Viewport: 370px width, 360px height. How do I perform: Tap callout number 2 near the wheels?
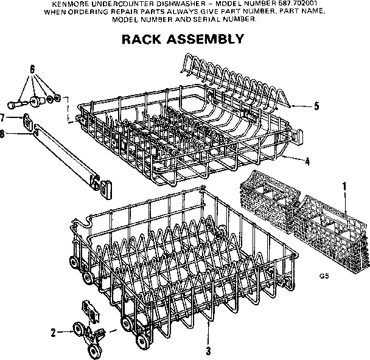click(x=53, y=332)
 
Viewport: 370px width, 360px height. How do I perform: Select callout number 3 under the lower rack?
click(x=208, y=351)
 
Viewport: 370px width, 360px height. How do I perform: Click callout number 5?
click(x=316, y=106)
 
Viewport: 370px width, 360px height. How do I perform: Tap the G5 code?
click(x=324, y=275)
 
